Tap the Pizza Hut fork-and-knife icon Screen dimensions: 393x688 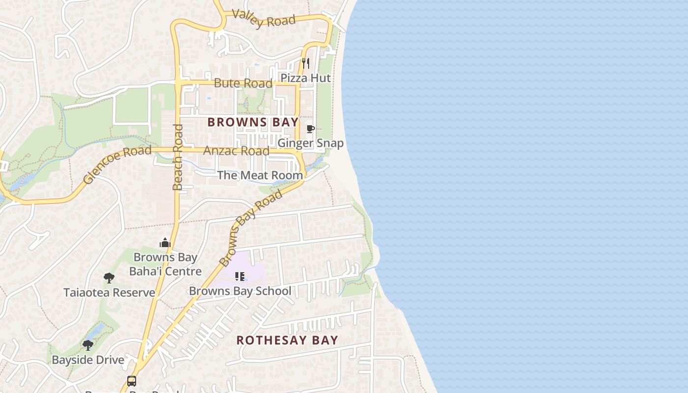[x=306, y=63]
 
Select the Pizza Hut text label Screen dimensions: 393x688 [x=306, y=78]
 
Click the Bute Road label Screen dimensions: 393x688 [x=243, y=83]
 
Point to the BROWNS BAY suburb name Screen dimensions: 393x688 [x=253, y=122]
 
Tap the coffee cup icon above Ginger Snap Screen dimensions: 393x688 [x=310, y=129]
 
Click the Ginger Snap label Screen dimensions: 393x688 [x=311, y=143]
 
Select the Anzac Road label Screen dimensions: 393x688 [x=236, y=151]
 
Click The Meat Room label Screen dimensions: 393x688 [x=260, y=175]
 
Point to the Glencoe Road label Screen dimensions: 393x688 [x=117, y=165]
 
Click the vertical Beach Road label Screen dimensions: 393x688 [x=178, y=157]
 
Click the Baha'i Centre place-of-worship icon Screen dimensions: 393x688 [x=165, y=243]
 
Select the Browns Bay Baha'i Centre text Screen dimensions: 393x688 [x=165, y=264]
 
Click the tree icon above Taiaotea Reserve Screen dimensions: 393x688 [x=109, y=279]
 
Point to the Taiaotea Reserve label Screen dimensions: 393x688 [x=109, y=293]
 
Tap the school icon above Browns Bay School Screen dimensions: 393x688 [x=240, y=277]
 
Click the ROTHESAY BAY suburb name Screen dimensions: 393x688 [x=287, y=340]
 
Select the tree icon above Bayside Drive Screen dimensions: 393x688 [x=88, y=345]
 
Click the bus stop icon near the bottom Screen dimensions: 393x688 [x=132, y=381]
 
